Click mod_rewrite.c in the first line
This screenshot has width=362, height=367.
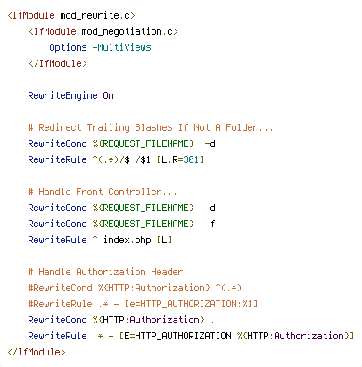coord(95,15)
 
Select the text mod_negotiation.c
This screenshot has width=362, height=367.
coord(128,31)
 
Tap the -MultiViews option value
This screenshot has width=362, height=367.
coord(121,47)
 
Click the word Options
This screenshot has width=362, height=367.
coord(68,47)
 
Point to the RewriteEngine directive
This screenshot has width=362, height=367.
coord(62,95)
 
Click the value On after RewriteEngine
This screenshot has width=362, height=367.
coord(108,95)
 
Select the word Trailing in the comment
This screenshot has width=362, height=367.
coord(109,127)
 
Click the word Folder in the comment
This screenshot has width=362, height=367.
coord(242,127)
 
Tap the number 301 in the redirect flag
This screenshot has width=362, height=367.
coord(191,159)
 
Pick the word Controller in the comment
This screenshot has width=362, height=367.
coord(135,192)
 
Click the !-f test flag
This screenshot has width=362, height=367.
coord(207,224)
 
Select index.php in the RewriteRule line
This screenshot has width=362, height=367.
coord(128,240)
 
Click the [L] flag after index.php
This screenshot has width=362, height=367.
coord(164,240)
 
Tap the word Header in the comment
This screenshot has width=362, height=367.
coord(167,272)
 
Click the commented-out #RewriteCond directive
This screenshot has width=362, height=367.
coord(60,288)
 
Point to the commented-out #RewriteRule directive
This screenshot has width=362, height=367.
coord(60,304)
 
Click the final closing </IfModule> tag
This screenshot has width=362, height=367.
coord(37,352)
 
